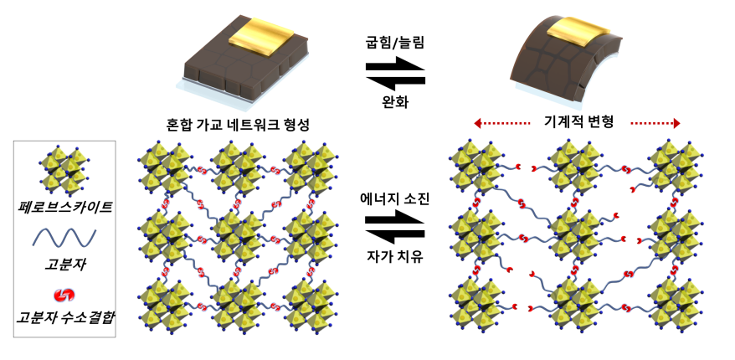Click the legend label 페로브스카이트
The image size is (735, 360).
click(x=64, y=206)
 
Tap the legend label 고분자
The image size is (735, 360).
click(x=64, y=267)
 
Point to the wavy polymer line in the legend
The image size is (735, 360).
click(x=64, y=237)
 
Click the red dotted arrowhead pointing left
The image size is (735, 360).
click(x=477, y=123)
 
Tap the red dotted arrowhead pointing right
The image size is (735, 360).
click(x=676, y=123)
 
